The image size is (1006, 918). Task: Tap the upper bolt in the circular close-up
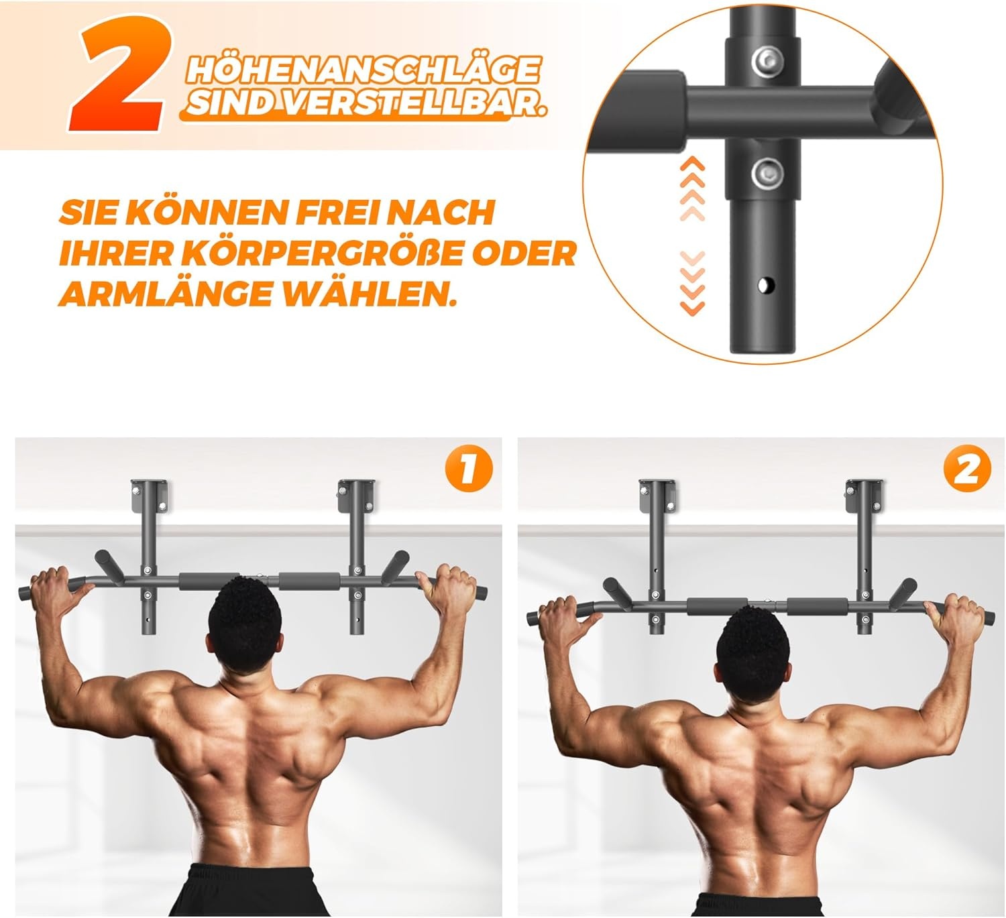[765, 61]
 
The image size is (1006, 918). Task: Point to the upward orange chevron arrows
[692, 188]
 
